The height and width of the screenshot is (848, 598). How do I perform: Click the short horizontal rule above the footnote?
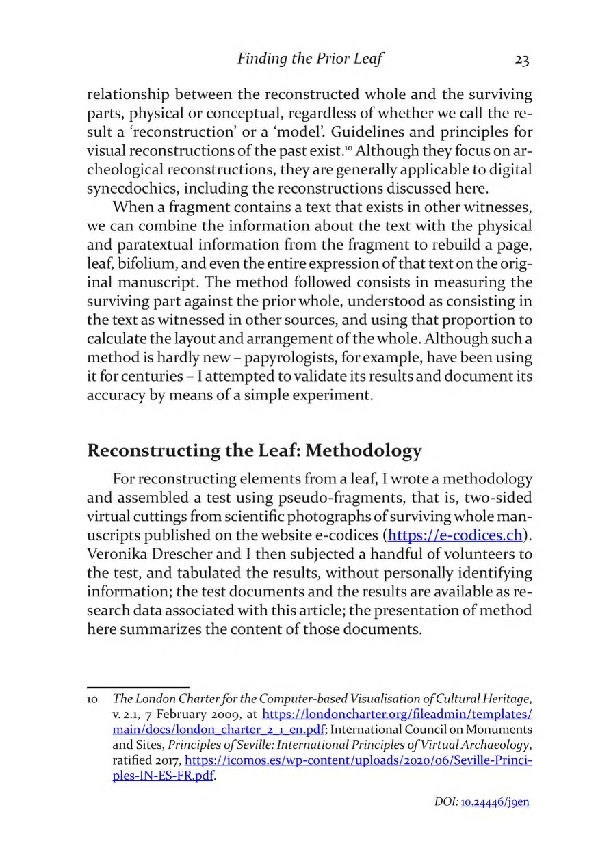[x=138, y=685]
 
